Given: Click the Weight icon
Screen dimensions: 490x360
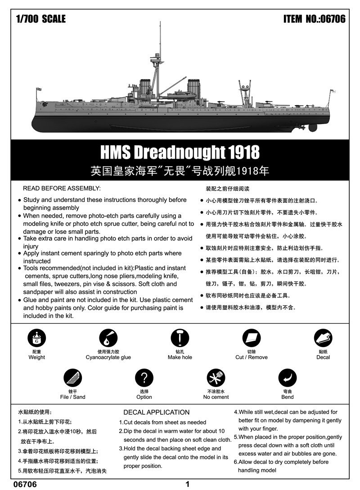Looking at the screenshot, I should tap(36, 338).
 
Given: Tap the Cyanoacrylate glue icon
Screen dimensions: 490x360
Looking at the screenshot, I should tap(108, 338).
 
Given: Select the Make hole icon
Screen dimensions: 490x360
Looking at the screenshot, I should tap(180, 338).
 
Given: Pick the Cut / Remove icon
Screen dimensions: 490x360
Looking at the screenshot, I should tap(251, 338).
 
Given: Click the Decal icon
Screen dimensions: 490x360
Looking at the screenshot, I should tap(323, 338).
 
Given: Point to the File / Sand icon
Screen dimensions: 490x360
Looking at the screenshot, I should tap(72, 378).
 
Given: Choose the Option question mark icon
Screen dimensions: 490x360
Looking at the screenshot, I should tap(144, 378).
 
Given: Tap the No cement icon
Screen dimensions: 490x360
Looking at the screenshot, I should tap(216, 378).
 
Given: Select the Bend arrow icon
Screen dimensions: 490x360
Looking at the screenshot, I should tap(287, 378).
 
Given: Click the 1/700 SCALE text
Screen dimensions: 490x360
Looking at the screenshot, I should tap(40, 19).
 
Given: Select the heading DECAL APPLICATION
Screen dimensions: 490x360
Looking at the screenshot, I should tap(156, 412).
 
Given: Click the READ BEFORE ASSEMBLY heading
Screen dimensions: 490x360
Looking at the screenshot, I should tap(62, 188).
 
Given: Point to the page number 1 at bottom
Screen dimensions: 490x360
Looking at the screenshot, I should tap(187, 484).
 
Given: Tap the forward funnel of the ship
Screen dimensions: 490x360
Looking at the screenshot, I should tap(145, 85).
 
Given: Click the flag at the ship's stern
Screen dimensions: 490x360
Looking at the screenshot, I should tap(333, 92).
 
